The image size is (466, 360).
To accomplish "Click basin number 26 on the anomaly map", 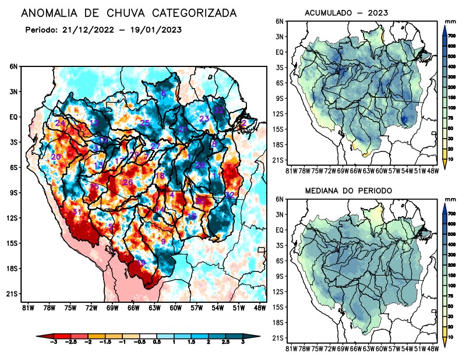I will click(x=128, y=182).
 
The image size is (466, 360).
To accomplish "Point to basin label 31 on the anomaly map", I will click(x=76, y=211).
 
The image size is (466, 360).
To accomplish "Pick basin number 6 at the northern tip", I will click(x=164, y=94).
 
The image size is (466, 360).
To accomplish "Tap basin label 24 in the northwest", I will click(x=61, y=123).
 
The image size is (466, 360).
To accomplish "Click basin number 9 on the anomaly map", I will click(x=164, y=241).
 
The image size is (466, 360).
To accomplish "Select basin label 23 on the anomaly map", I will click(x=204, y=119).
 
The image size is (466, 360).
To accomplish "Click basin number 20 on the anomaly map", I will click(x=56, y=157).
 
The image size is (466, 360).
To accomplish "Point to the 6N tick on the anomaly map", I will click(x=14, y=66).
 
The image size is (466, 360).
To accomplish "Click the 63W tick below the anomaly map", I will click(x=154, y=308).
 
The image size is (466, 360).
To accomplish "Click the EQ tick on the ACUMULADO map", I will click(x=280, y=52).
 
